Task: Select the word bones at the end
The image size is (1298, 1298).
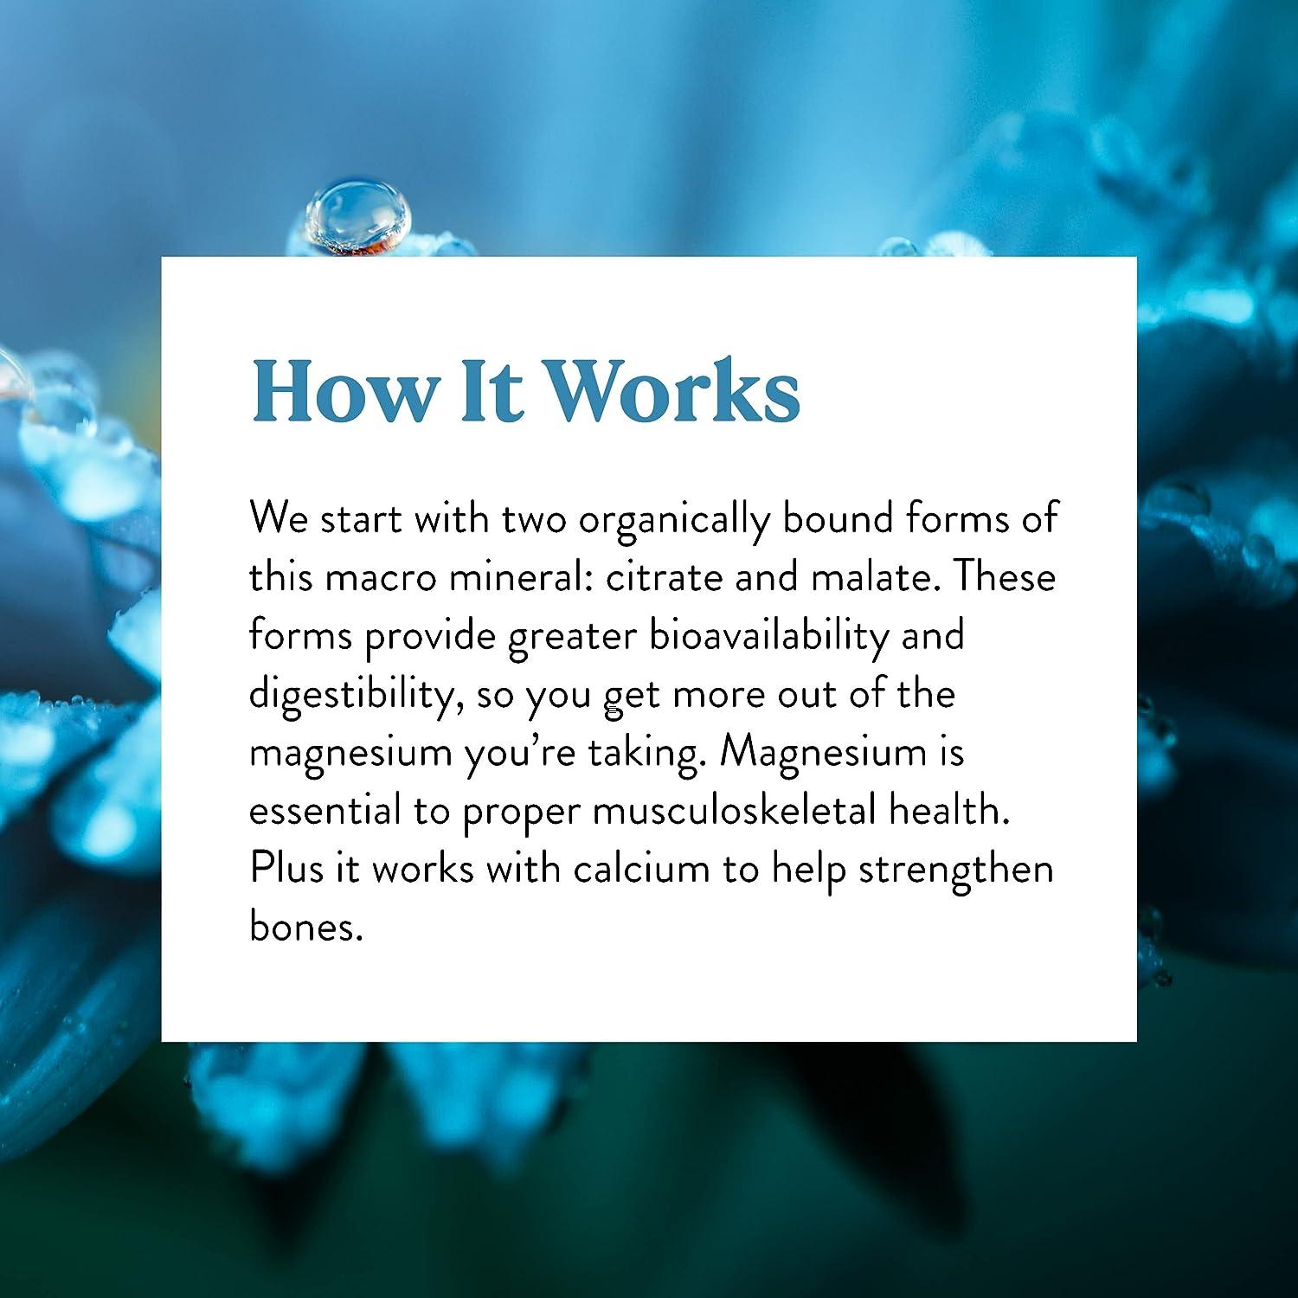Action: coord(302,928)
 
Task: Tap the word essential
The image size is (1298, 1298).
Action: coord(324,812)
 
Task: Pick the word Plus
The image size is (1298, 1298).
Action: coord(286,869)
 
